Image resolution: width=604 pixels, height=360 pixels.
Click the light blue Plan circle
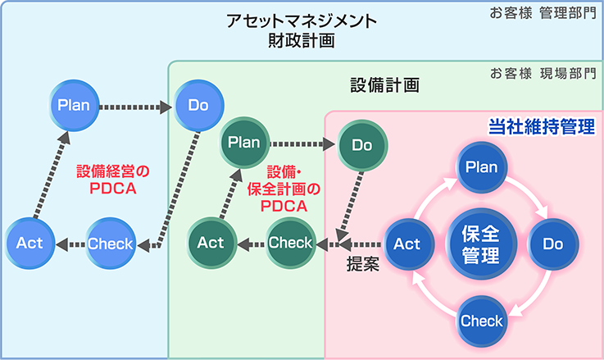coord(74,105)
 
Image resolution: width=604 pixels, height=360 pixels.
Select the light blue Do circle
coord(199,105)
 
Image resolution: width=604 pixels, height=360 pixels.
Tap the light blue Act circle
coord(30,244)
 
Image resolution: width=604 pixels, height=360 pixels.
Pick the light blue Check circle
coord(111,244)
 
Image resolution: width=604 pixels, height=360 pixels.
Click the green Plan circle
coord(244,143)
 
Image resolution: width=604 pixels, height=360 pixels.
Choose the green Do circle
coord(362,145)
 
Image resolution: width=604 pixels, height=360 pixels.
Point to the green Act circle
coord(211,243)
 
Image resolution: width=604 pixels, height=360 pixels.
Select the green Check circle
coord(291,243)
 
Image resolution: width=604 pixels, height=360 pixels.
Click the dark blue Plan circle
coord(482,167)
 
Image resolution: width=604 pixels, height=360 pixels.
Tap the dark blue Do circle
coord(553,244)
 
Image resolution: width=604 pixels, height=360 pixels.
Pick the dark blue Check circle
coord(482,321)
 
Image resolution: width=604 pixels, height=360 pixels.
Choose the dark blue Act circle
coord(409,244)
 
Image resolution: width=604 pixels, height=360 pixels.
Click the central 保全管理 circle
coord(481,244)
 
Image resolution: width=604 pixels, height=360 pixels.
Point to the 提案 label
coord(363,264)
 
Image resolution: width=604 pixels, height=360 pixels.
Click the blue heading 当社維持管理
coord(542,127)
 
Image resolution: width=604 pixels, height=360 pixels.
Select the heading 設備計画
coord(385,85)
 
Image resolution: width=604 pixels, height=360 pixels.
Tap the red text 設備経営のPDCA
coord(113,180)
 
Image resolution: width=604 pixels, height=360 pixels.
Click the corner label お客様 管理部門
coord(543,13)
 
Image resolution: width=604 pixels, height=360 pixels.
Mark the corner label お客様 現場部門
coord(543,73)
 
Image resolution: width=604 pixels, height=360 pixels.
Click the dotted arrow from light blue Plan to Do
coord(135,107)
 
